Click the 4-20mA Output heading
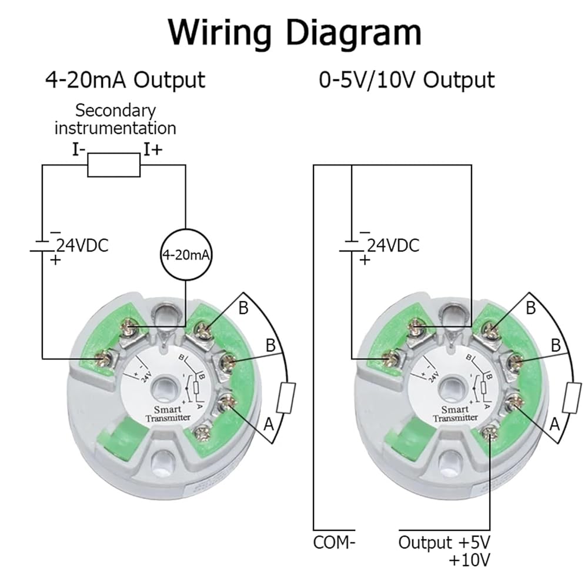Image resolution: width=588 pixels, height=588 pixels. (x=125, y=80)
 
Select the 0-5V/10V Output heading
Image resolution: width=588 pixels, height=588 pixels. (x=406, y=80)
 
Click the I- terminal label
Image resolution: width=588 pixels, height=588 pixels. (x=79, y=149)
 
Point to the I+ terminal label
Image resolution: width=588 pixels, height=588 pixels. (x=153, y=149)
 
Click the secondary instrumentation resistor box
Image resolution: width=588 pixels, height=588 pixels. (x=114, y=166)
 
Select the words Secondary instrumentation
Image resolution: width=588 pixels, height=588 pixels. (x=115, y=119)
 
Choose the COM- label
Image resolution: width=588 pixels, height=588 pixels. (x=334, y=542)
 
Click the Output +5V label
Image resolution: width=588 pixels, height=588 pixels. (x=443, y=542)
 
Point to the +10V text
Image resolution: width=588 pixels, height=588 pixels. (x=469, y=560)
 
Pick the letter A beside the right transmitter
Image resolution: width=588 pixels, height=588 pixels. (x=554, y=423)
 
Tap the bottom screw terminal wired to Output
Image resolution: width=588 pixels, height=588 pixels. (x=489, y=434)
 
